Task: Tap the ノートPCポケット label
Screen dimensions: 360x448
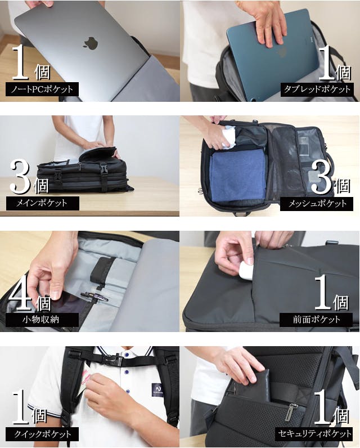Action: tap(42, 89)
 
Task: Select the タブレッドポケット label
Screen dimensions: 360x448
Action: tap(317, 89)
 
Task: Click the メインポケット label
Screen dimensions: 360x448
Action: tap(43, 203)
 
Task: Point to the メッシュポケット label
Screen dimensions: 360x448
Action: tap(317, 204)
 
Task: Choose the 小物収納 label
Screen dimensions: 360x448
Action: tap(42, 320)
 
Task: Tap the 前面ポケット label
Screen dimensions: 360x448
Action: tap(316, 320)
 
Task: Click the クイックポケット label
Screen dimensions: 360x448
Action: tap(42, 434)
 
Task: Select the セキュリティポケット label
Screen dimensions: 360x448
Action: tap(314, 434)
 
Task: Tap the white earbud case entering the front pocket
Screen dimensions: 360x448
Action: tap(246, 271)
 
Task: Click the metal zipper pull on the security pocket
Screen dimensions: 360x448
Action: tap(292, 412)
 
